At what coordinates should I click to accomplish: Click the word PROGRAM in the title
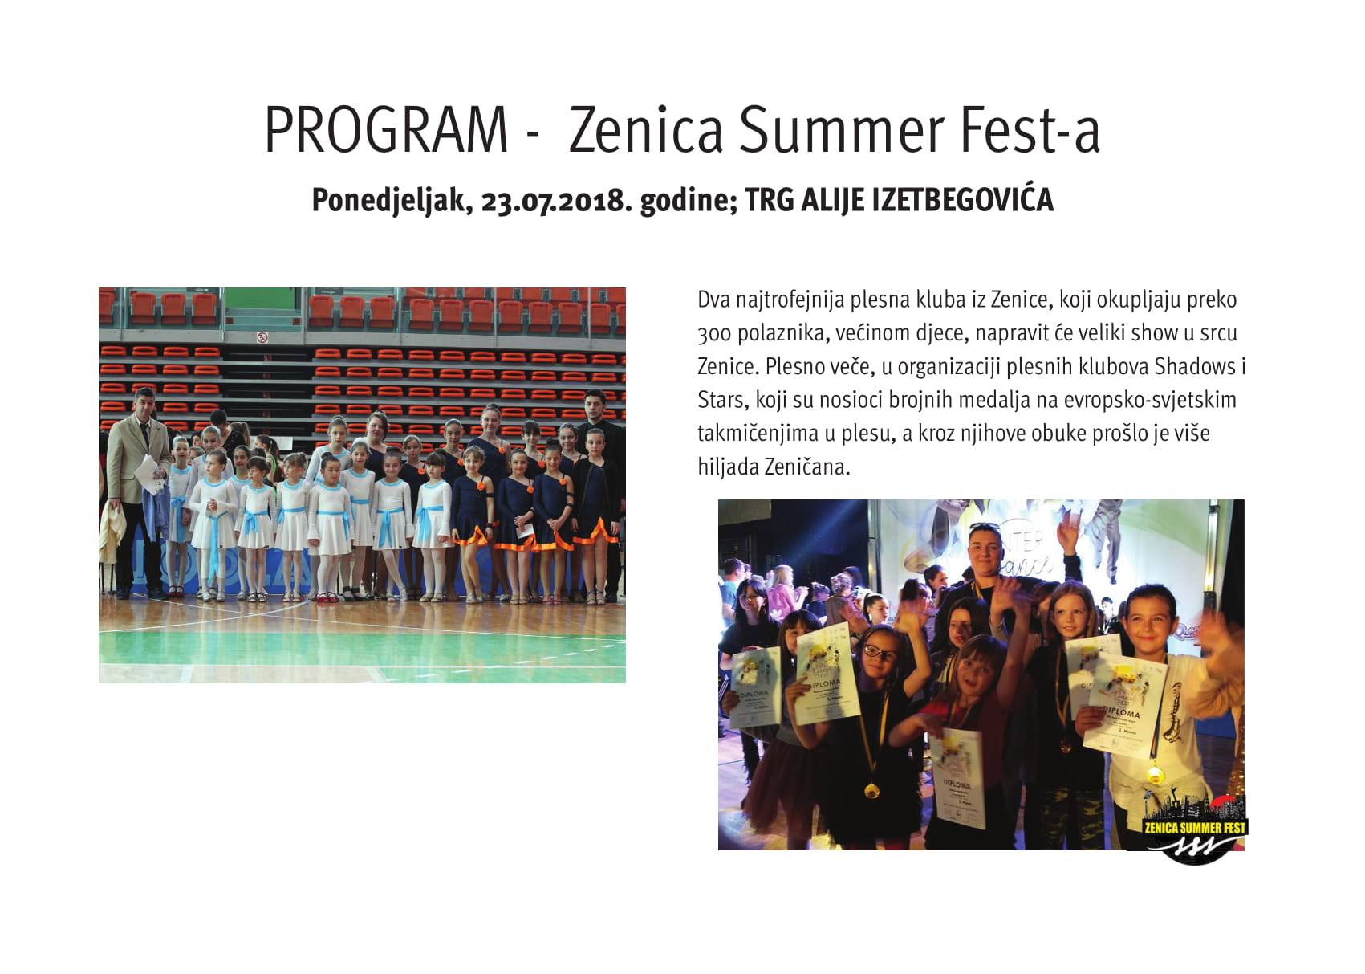pyautogui.click(x=386, y=130)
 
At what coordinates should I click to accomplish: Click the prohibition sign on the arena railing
pyautogui.click(x=262, y=338)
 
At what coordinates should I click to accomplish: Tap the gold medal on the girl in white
pyautogui.click(x=1154, y=774)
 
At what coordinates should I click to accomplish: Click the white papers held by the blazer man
pyautogui.click(x=147, y=474)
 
